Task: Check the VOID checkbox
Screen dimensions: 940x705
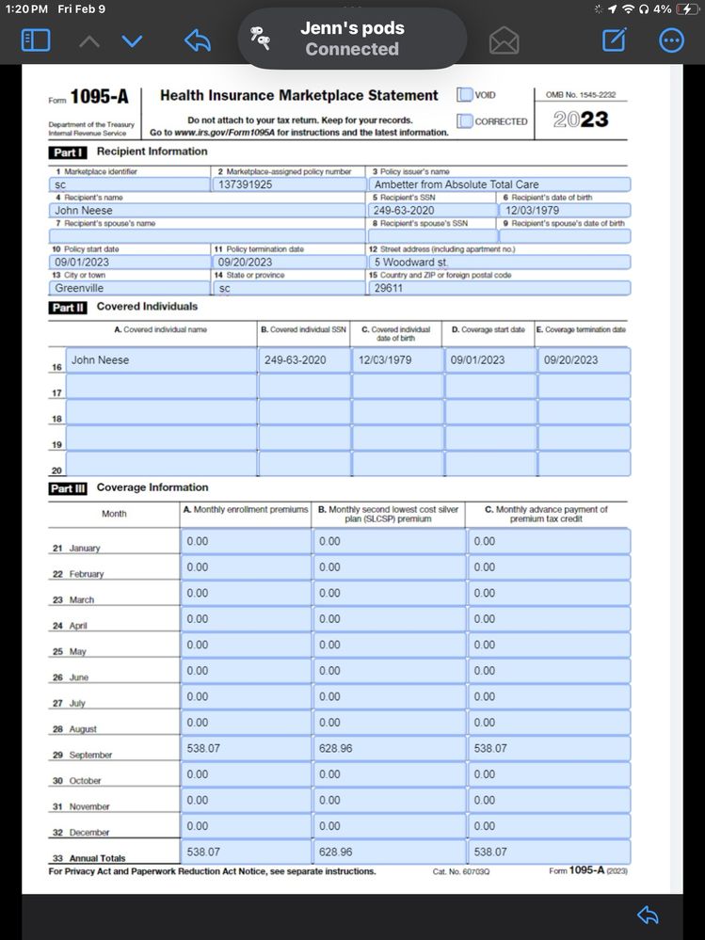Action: pos(465,95)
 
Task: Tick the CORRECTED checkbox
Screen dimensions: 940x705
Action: pos(465,121)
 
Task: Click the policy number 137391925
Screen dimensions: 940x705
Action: pos(245,184)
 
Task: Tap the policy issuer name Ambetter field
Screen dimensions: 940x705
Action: pos(457,184)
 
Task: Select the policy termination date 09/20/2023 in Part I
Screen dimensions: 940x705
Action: pos(245,263)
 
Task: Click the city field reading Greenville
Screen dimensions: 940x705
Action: pos(79,288)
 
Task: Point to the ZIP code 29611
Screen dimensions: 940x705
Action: pos(389,288)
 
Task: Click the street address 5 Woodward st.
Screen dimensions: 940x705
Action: pos(410,263)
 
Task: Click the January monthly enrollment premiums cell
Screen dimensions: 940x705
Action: pos(198,541)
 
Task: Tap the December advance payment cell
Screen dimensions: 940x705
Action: pos(484,826)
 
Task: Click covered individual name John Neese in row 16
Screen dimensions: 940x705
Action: pos(101,360)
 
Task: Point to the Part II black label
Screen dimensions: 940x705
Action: pos(68,308)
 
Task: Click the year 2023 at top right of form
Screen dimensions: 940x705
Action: pos(581,120)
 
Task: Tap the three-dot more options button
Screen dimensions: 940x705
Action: pos(671,40)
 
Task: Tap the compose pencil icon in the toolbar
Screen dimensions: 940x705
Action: pos(614,40)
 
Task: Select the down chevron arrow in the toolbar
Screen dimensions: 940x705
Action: pos(132,40)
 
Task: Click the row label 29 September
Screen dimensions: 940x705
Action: pos(83,755)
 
